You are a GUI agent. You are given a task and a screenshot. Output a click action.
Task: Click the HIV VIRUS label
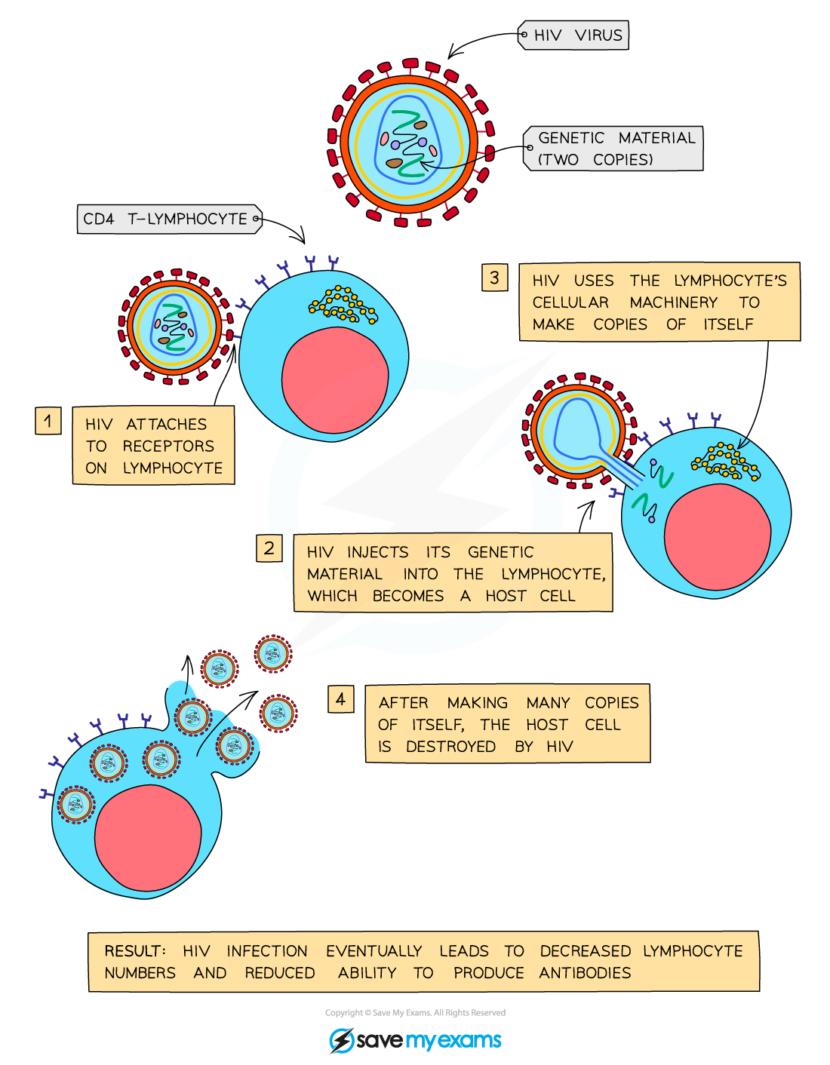coord(577,35)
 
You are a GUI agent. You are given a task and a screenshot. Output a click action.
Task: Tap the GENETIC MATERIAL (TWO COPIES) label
coord(616,149)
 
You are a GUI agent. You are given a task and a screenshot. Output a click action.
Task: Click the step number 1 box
coord(48,421)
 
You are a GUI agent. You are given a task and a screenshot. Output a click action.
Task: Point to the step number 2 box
coord(269,548)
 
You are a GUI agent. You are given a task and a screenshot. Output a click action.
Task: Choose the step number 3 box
coord(494,278)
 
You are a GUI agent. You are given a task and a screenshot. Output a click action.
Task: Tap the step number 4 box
coord(341,699)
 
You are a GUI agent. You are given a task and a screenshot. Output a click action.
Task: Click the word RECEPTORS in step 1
coord(168,447)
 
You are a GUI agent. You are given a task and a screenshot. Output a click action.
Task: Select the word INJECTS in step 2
coord(377,552)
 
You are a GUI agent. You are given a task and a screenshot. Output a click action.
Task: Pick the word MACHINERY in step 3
coord(673,302)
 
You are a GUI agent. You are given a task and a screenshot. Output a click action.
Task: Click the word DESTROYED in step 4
coord(450,747)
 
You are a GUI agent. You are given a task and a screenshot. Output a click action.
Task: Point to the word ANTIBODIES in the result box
coord(585,973)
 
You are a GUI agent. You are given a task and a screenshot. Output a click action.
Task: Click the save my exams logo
coord(416,1040)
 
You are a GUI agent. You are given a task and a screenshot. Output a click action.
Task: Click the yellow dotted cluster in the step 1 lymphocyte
coord(343,304)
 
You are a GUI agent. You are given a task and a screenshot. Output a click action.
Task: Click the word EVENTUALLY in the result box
coord(373,951)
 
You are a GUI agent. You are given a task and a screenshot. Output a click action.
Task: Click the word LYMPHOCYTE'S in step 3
coord(730,281)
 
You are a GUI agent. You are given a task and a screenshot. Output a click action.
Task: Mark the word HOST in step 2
coord(506,596)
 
